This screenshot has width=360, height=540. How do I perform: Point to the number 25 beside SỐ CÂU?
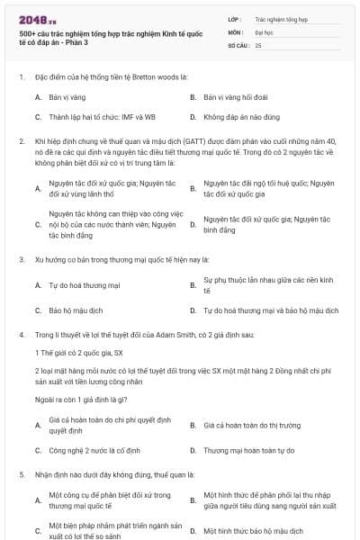(x=258, y=44)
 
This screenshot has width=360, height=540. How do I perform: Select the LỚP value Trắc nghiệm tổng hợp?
(x=283, y=17)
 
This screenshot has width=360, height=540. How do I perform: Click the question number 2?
(x=21, y=140)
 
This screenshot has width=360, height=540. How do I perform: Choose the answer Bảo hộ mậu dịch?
(x=75, y=310)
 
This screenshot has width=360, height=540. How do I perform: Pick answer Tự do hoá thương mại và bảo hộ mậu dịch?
(x=270, y=310)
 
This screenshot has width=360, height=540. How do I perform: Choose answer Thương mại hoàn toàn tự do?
(x=248, y=449)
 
